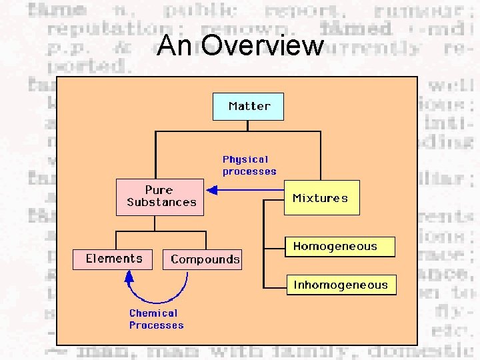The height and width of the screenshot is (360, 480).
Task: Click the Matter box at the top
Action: (x=249, y=106)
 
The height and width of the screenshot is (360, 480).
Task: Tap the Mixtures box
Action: (x=321, y=198)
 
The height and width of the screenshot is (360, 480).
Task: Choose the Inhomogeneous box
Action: (x=341, y=285)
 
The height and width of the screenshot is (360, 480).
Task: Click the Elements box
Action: (x=114, y=259)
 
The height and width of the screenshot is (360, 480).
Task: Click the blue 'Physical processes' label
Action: (x=249, y=165)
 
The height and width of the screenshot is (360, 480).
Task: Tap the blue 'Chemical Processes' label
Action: (x=156, y=319)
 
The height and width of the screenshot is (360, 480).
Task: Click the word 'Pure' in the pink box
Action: (x=159, y=190)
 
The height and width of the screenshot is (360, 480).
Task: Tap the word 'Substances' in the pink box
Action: (x=162, y=202)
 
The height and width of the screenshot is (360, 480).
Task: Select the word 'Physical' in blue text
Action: (x=245, y=159)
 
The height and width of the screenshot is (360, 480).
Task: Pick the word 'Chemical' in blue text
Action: (x=153, y=313)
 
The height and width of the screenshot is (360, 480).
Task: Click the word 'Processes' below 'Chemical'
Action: (x=156, y=325)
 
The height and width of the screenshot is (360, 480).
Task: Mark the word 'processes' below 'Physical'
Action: (x=249, y=171)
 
